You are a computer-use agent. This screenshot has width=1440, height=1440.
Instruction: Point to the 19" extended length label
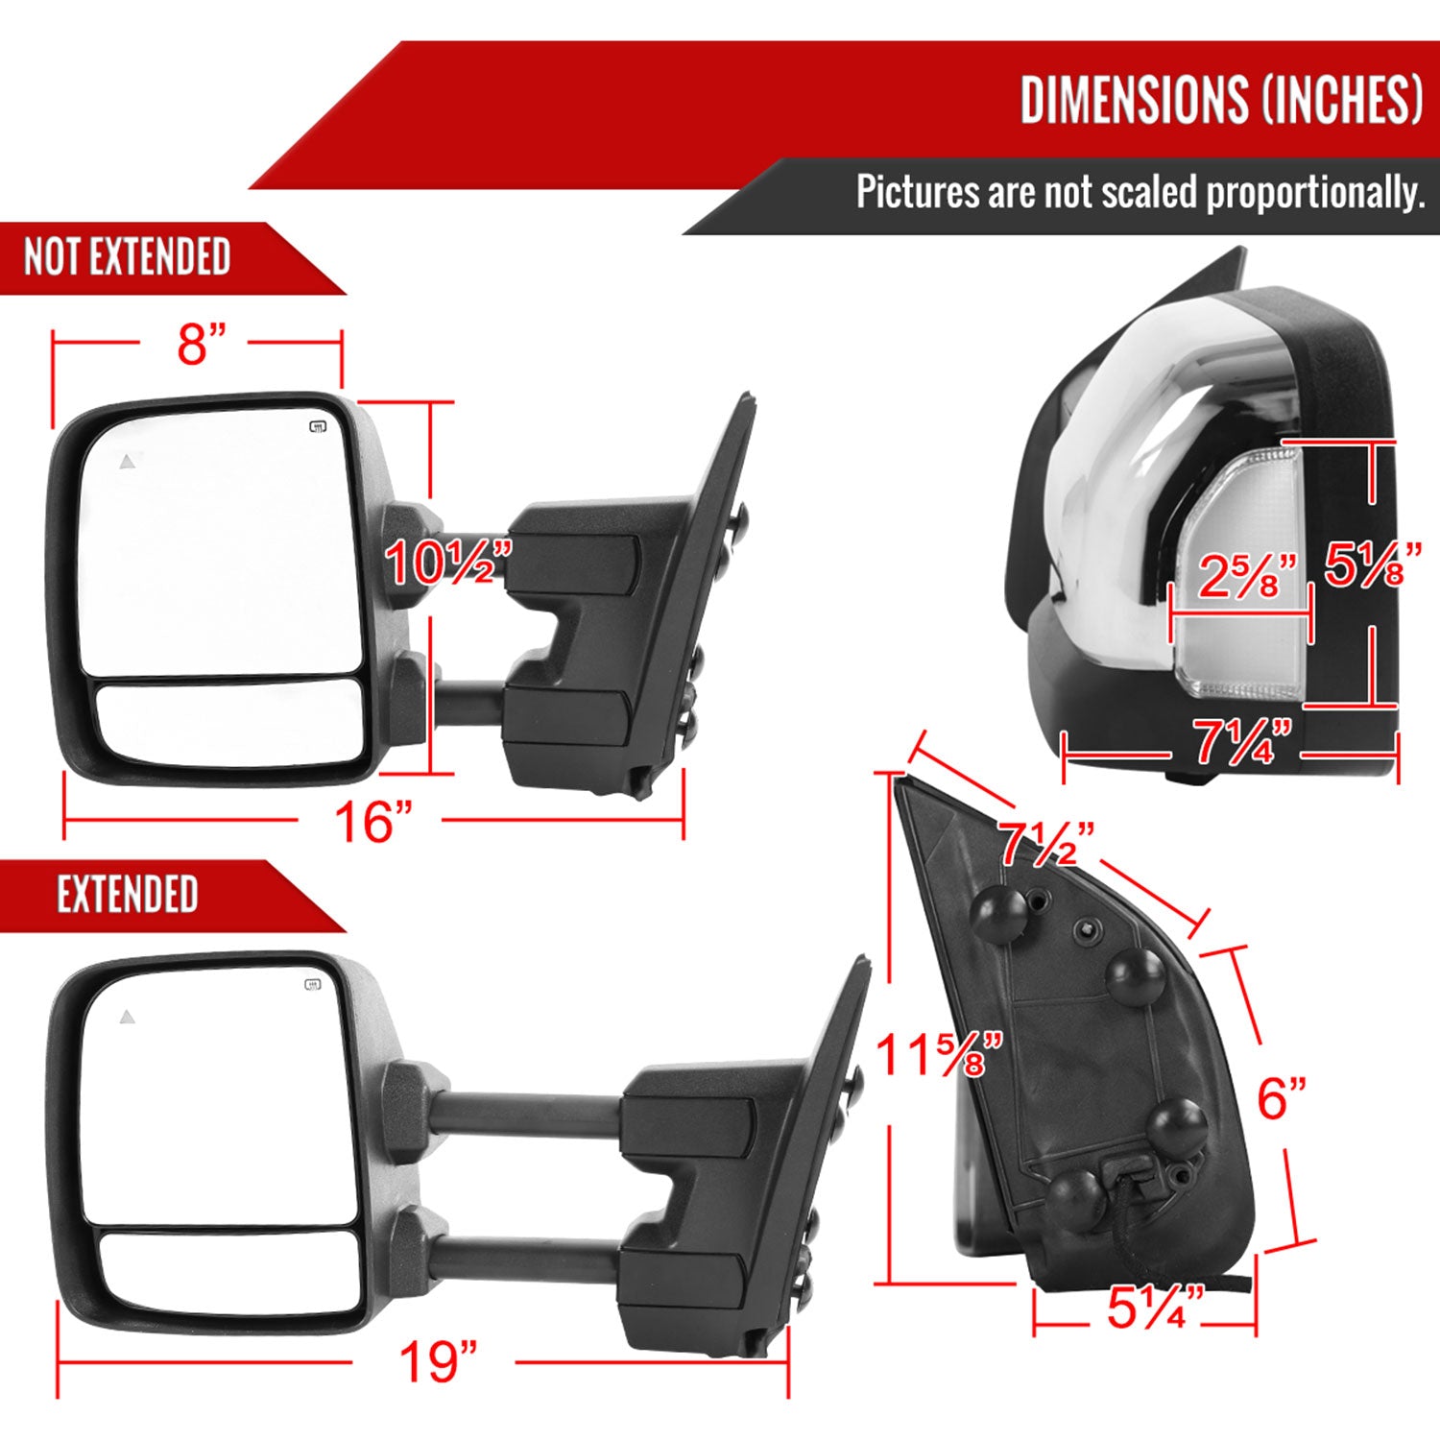click(x=437, y=1361)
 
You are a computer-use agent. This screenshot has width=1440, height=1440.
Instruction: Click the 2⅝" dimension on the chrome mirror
click(x=1246, y=576)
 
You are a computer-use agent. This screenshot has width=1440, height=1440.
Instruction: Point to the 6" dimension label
click(x=1282, y=1098)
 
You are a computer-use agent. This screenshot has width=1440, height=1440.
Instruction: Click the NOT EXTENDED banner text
click(x=127, y=257)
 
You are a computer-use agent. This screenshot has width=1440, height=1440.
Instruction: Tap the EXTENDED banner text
click(x=127, y=895)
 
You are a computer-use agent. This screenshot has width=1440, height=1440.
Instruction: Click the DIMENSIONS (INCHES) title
click(x=1220, y=100)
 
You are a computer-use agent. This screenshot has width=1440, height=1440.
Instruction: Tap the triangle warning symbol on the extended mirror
click(x=127, y=1017)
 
